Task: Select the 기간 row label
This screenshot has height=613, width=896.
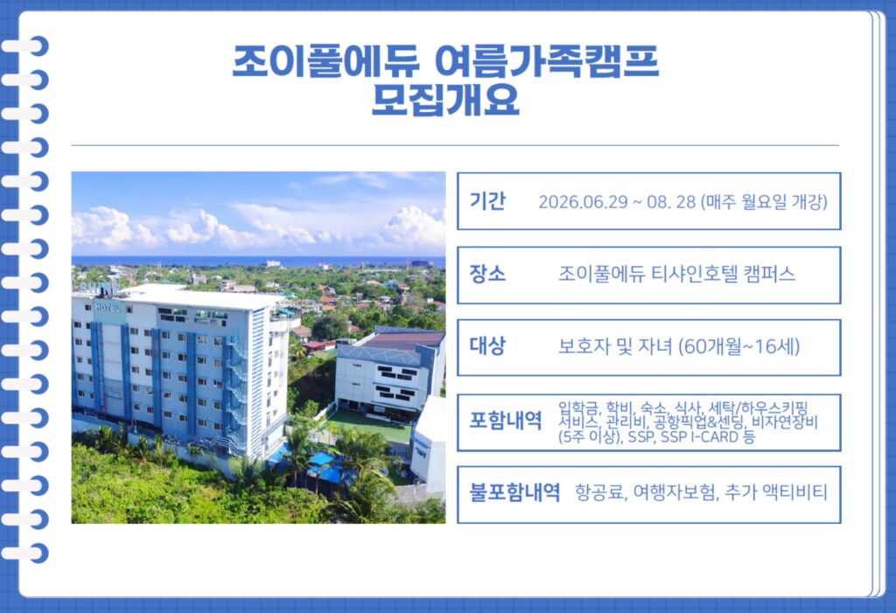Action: [487, 200]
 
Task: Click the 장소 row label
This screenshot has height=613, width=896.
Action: [487, 274]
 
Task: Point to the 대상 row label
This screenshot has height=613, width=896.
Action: [487, 346]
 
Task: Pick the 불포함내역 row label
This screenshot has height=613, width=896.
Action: [514, 492]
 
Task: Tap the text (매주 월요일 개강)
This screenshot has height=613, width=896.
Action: [764, 201]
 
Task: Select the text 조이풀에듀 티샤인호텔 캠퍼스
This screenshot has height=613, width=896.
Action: [676, 274]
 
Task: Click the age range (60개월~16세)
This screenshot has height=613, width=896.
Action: [739, 347]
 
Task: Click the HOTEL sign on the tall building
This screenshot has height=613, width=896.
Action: [108, 306]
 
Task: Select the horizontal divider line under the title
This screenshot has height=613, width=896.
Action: [454, 145]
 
